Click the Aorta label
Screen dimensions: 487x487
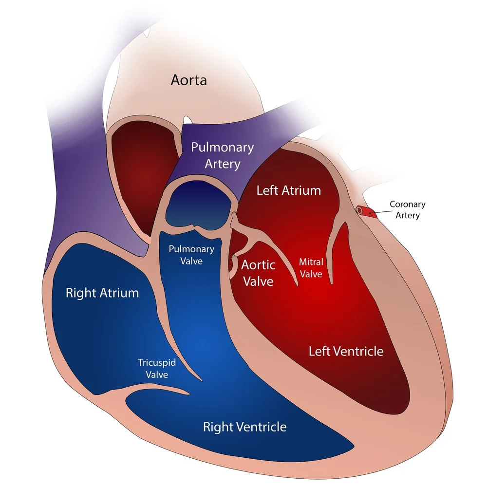pos(188,80)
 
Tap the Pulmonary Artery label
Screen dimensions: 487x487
pos(222,155)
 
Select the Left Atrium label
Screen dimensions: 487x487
pos(288,190)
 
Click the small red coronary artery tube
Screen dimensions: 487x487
pos(365,211)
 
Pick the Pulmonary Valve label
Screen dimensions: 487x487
pos(191,255)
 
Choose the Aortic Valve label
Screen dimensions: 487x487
pos(258,273)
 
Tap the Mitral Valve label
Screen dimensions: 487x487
pos(311,268)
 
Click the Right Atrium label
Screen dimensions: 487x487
pos(102,293)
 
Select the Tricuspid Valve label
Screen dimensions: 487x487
pos(157,369)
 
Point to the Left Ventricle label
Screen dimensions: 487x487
pos(346,351)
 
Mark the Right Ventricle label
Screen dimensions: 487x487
pos(244,427)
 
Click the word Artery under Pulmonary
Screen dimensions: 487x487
pos(222,164)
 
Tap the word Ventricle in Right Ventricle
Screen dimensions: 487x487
pos(262,427)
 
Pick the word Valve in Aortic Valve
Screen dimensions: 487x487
pos(258,281)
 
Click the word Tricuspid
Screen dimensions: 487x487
pos(157,363)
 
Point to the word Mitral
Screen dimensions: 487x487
pos(311,262)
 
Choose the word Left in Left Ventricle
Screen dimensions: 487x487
pos(318,351)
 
